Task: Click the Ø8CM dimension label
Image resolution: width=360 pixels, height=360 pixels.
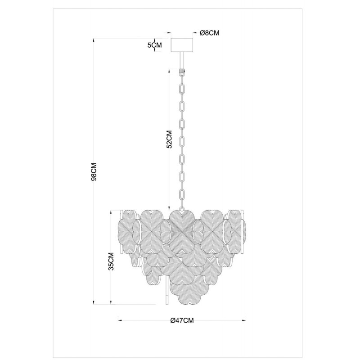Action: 209,33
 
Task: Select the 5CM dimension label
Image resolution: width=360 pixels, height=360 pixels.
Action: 154,45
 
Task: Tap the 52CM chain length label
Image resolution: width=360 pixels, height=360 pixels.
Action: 169,139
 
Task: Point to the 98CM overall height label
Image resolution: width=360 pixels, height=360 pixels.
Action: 94,172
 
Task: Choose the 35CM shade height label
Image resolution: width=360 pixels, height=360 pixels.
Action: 111,261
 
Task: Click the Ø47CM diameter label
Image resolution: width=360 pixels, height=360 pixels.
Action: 182,320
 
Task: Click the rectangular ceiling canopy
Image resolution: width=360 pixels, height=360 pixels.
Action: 182,45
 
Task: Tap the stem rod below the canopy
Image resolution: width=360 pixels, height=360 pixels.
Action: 182,60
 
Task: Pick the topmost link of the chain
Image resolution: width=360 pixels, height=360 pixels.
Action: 182,77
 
